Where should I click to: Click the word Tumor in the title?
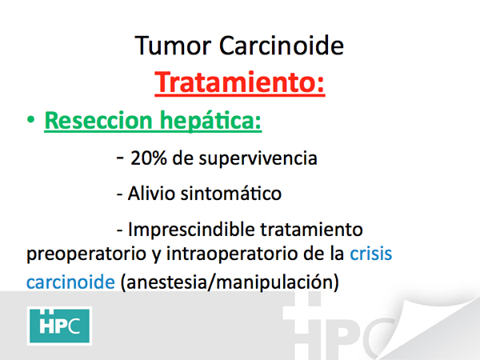point(173,46)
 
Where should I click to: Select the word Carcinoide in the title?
point(282,46)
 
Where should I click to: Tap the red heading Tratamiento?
point(240,82)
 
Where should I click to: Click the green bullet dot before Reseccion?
point(30,119)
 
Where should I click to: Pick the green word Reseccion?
point(98,121)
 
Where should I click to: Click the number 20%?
point(149,158)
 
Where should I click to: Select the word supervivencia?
point(258,159)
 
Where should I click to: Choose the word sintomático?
point(231,194)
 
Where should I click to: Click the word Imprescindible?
point(191,229)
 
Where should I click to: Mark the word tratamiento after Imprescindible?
point(312,230)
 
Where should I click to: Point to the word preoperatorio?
point(86,254)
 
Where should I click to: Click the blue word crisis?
point(371,254)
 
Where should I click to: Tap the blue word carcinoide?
point(70,282)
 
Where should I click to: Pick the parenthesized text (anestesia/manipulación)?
point(230,282)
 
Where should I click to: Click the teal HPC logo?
point(59,326)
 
